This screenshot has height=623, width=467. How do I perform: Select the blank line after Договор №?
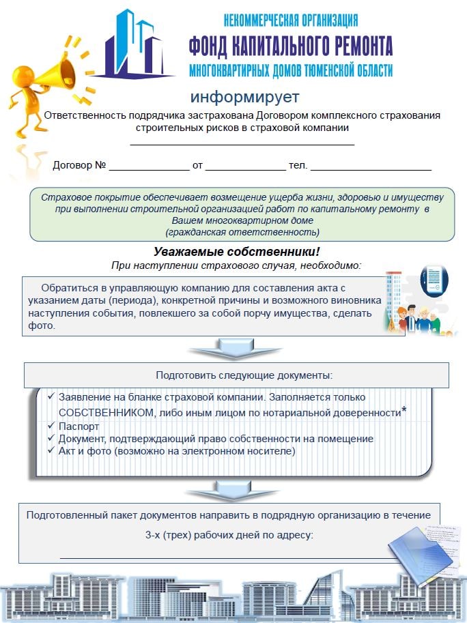coord(149,168)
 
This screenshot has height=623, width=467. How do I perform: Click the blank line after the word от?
coord(245,168)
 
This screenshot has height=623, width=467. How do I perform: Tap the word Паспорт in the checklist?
coord(79,426)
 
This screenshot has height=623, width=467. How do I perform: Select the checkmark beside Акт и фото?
coord(52,451)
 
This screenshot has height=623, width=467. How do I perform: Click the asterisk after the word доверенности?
coord(404,410)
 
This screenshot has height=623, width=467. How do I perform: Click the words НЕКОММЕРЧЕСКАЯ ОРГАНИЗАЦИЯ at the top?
coord(290,20)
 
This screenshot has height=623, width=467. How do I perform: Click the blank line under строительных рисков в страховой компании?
coord(242,144)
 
